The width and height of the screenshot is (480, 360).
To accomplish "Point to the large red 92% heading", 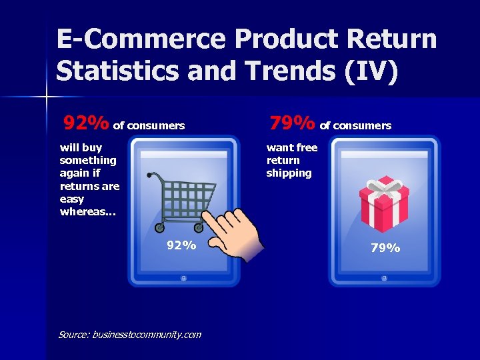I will pos(86,123).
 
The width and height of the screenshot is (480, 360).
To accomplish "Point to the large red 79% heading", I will pos(292,123).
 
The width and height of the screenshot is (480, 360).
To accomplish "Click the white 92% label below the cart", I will pos(181,245).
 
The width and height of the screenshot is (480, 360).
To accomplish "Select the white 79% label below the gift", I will pos(385,248).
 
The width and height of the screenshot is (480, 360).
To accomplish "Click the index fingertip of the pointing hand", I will pos(207,217).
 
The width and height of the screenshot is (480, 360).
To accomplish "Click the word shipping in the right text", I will pos(289,173).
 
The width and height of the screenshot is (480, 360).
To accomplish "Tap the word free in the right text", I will pos(307,148).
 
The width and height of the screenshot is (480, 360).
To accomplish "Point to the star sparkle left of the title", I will pos(47,97).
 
